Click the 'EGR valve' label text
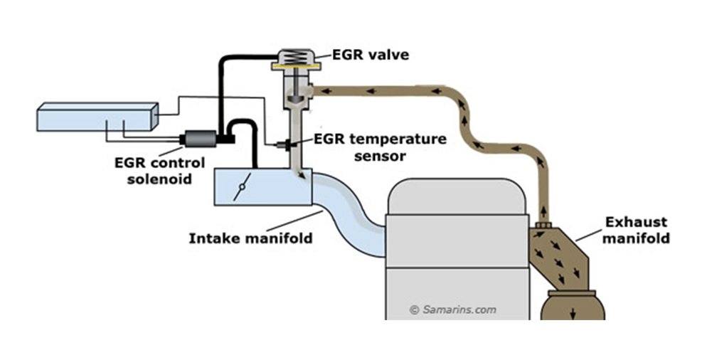[x=371, y=55]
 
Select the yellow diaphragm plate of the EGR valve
[x=296, y=67]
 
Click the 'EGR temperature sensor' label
[x=380, y=147]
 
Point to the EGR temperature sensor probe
[x=284, y=145]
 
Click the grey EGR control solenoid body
[x=199, y=139]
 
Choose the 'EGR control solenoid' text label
[x=159, y=170]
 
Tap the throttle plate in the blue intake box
[x=243, y=186]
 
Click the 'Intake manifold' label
[x=250, y=238]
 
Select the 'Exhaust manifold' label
[x=636, y=230]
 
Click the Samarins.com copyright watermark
[x=452, y=309]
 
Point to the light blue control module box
[x=97, y=117]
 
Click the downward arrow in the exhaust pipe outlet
[x=573, y=312]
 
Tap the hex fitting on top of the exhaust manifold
[x=543, y=225]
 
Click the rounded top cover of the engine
[x=457, y=196]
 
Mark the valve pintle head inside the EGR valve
[x=296, y=97]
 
